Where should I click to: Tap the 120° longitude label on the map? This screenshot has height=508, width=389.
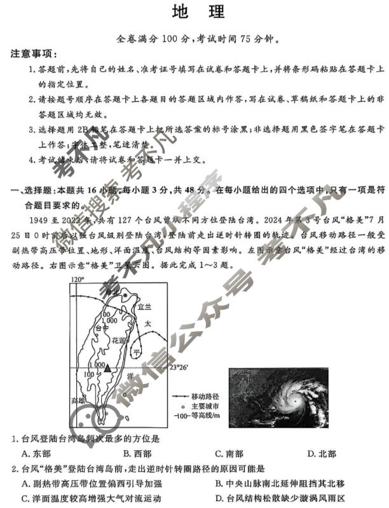(x=77, y=280)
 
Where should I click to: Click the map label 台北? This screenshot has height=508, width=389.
(x=113, y=292)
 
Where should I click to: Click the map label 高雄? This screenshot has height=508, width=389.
(x=78, y=400)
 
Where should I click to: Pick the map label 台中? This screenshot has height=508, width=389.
(x=101, y=328)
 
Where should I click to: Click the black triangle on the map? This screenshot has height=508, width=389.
(x=109, y=368)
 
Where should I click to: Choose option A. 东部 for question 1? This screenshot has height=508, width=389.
(x=36, y=453)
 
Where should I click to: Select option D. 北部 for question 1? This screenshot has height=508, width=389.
(x=321, y=453)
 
